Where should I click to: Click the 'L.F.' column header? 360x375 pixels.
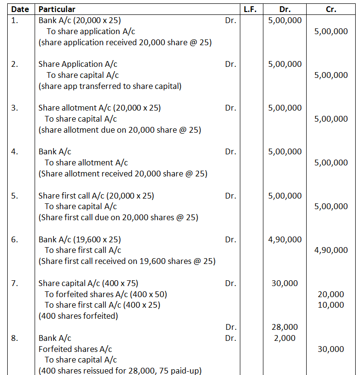(250, 9)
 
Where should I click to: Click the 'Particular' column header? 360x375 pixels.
(57, 9)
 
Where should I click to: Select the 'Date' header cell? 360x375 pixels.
(20, 9)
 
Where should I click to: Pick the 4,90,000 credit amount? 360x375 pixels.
(331, 250)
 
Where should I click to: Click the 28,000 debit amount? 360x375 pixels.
(285, 327)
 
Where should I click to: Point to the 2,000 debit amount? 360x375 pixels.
(285, 338)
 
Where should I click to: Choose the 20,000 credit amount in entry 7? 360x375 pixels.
(331, 294)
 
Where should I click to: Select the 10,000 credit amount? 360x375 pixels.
(331, 305)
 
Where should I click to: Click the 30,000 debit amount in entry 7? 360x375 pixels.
(285, 283)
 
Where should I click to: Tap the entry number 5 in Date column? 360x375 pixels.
(15, 196)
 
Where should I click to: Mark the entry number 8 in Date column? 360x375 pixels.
(15, 338)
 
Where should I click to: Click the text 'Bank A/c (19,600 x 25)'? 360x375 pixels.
(80, 239)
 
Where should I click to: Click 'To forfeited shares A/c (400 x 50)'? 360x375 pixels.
(106, 294)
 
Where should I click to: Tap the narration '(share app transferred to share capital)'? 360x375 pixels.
(110, 86)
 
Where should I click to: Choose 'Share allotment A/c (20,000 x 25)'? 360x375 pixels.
(99, 108)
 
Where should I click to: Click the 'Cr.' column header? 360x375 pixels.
(331, 9)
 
